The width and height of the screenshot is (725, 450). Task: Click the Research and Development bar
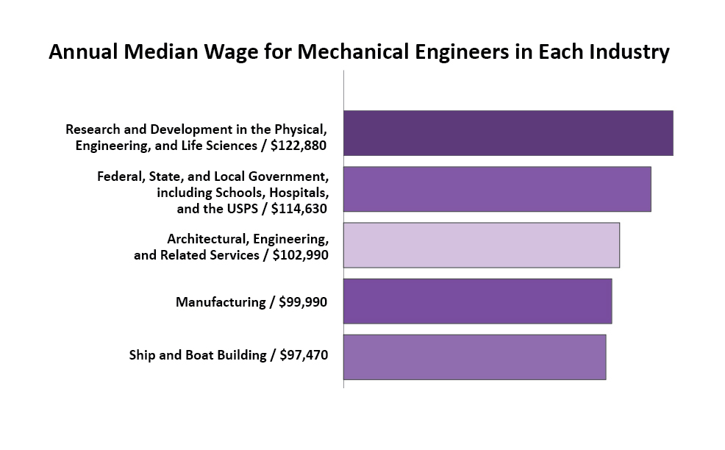(507, 133)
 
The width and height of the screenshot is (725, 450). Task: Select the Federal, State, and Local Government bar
(496, 189)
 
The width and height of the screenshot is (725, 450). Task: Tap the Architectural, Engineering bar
(481, 245)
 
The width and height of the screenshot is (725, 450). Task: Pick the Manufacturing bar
(477, 301)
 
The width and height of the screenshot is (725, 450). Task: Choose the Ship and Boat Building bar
(474, 357)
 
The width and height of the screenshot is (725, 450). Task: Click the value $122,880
(299, 146)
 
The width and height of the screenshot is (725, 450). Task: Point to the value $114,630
(299, 209)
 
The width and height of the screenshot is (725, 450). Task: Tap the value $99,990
(304, 302)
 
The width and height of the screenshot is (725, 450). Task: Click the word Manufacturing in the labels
(220, 302)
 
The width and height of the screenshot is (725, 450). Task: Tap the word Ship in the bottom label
(143, 355)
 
